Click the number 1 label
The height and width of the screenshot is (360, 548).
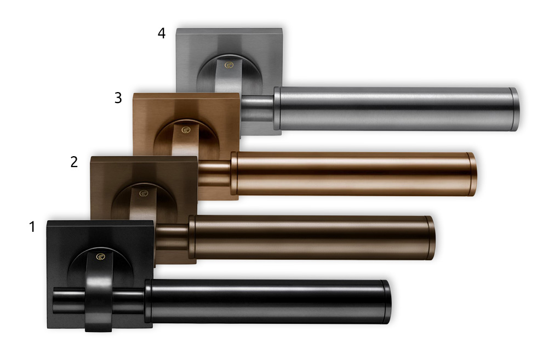point(32,227)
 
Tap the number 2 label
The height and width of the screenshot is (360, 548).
point(74,162)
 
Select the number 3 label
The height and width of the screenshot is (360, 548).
point(118,98)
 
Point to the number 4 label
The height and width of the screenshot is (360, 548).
point(162,33)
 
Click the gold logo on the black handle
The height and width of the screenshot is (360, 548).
point(101,257)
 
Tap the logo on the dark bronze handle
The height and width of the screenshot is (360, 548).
point(144,193)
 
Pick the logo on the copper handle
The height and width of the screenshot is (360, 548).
point(186,130)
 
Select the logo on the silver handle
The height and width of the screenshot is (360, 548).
point(229,65)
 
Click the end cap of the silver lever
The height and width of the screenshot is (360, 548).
point(514,109)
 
